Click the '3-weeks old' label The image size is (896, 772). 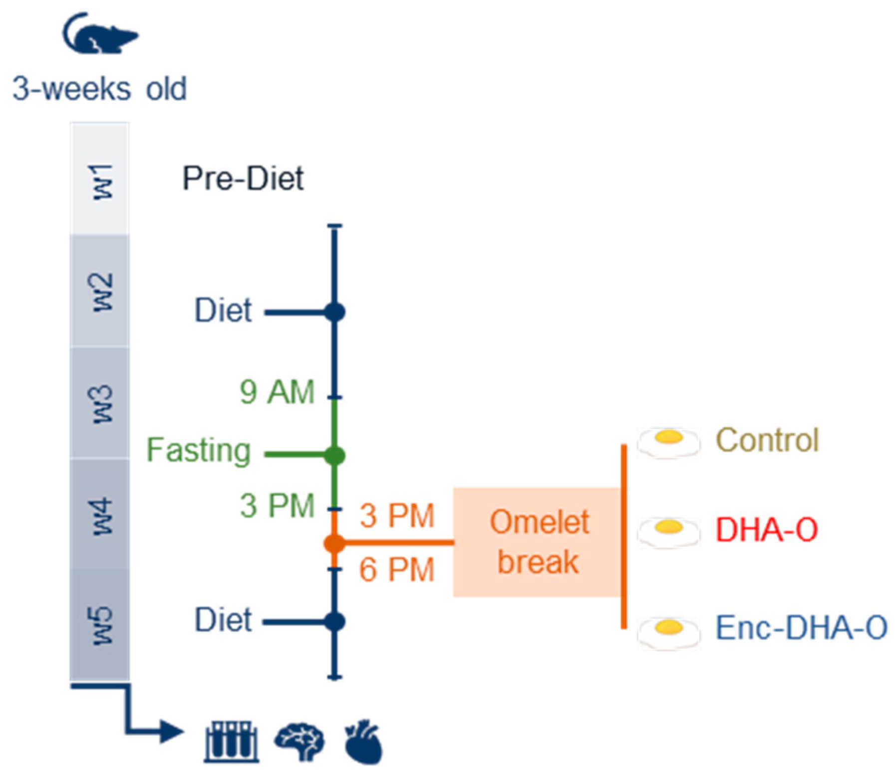coord(99,89)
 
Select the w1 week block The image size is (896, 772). coord(100,180)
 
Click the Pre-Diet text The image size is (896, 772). coord(243,178)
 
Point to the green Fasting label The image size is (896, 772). coord(198,450)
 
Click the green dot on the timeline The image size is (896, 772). coord(334,455)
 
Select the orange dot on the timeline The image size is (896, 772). coord(334,543)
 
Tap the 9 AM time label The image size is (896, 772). coord(277,392)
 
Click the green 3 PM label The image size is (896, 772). coord(277,506)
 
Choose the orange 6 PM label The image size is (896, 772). coord(397,569)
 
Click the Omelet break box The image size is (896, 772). coord(538,542)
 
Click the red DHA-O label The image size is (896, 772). coord(766,529)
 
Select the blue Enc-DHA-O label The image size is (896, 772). coord(801,627)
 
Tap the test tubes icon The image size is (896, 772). coord(231,742)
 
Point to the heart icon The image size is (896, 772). coord(364,742)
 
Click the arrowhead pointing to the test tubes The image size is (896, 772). coord(173,732)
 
